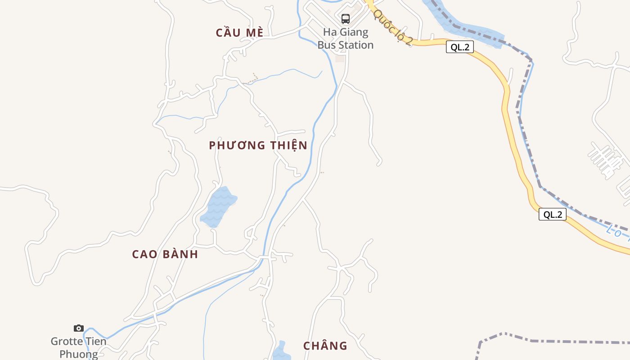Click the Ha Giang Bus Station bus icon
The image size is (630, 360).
pyautogui.click(x=346, y=19)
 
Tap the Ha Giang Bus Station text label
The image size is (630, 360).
pyautogui.click(x=346, y=39)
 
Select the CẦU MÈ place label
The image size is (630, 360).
pyautogui.click(x=239, y=32)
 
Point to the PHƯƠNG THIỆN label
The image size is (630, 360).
pyautogui.click(x=258, y=145)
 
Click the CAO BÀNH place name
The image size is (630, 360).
pyautogui.click(x=165, y=254)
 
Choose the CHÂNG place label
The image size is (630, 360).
pyautogui.click(x=325, y=346)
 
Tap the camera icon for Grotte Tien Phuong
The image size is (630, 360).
pyautogui.click(x=79, y=328)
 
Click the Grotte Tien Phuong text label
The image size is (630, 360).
pyautogui.click(x=79, y=347)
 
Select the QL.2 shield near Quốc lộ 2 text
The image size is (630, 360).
pyautogui.click(x=459, y=47)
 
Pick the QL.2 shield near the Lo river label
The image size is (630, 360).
pyautogui.click(x=552, y=214)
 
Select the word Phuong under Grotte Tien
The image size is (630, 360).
pyautogui.click(x=79, y=354)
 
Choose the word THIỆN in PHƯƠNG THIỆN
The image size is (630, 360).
pyautogui.click(x=289, y=145)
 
